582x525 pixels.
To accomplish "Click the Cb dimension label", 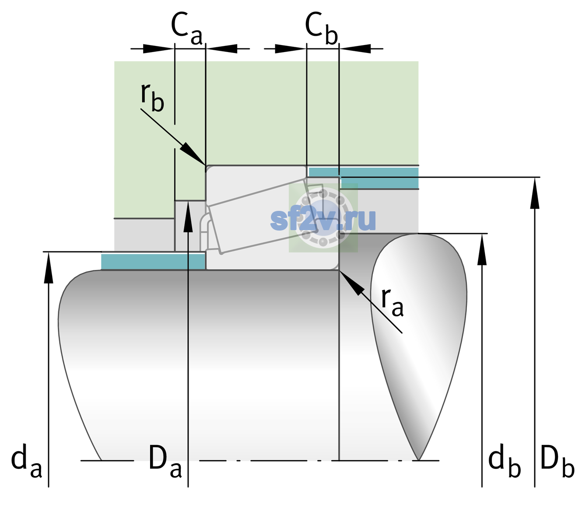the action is point(322,29).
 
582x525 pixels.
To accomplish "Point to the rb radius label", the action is point(152,98).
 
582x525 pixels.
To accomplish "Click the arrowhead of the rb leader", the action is point(193,154).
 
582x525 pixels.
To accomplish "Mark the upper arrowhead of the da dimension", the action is point(49,267).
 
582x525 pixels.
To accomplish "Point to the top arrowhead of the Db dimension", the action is point(535,193).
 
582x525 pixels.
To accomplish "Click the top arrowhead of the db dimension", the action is point(482,249).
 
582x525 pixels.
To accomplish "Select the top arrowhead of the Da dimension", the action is point(188,216).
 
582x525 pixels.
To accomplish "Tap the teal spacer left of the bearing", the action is point(153,261).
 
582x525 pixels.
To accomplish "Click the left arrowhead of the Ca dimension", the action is point(158,49).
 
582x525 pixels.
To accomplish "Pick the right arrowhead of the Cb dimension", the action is point(355,49).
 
